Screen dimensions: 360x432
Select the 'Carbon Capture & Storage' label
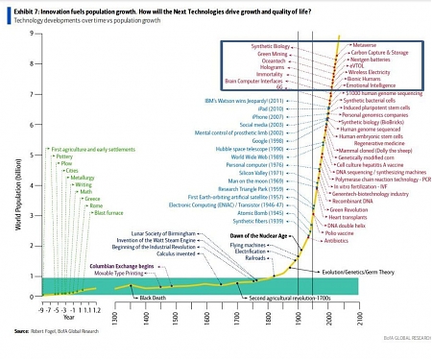[x=380, y=53]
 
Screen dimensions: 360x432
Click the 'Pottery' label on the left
[x=64, y=156]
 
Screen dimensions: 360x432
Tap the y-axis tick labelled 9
[x=32, y=34]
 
